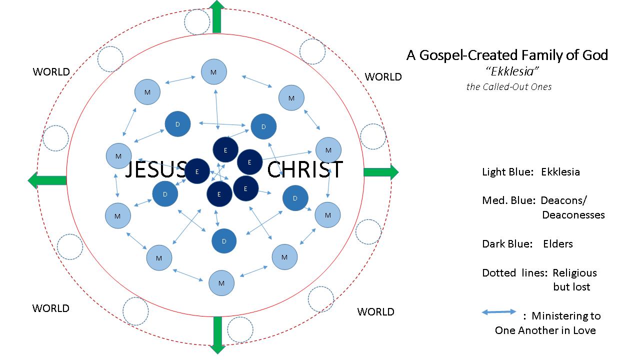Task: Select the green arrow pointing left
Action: click(47, 180)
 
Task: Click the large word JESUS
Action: click(155, 170)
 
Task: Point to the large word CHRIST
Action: click(305, 170)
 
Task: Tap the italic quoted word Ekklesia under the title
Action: click(508, 71)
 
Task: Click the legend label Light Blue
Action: click(507, 172)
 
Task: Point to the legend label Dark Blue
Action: click(507, 244)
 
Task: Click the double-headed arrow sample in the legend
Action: click(499, 312)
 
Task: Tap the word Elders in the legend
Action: click(558, 244)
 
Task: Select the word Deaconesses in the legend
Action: click(573, 215)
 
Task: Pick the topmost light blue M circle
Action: click(214, 72)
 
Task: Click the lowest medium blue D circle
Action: click(224, 241)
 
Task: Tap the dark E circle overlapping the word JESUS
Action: click(197, 171)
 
